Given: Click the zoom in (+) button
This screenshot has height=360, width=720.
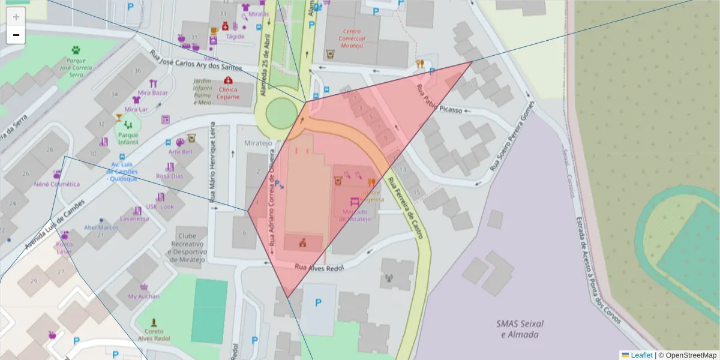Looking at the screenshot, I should point(16,16).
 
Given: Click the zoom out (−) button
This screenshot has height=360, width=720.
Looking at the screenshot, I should point(16,35).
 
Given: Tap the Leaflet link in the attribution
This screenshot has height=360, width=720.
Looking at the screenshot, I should point(641,355).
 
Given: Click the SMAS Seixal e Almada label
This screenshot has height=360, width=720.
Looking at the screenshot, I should point(520,329).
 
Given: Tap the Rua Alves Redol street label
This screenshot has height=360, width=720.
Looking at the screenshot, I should point(318,267).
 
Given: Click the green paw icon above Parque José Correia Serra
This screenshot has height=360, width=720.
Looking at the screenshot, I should point(76,50).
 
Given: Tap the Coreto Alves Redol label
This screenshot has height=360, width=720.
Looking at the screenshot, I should point(154,335).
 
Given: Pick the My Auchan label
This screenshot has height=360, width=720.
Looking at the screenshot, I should point(144,296).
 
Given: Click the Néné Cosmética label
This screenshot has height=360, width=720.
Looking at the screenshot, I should point(57,184).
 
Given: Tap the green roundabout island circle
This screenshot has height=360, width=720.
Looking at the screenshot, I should point(281,113).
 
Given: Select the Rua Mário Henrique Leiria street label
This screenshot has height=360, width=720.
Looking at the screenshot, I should point(212,162).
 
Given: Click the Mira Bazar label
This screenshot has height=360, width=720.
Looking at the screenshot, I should point(152,93).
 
